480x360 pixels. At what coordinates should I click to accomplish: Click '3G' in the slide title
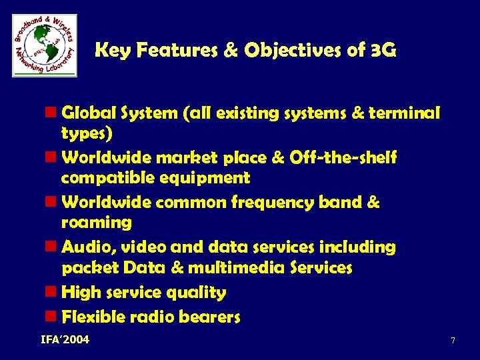(x=383, y=50)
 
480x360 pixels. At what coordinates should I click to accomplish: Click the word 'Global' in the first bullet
(x=87, y=114)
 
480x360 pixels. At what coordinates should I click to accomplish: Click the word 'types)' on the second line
(x=87, y=133)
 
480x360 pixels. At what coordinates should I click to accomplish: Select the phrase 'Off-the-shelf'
(x=343, y=159)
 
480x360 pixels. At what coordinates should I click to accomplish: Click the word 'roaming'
(x=96, y=222)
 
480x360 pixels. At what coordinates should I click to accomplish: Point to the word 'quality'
(x=199, y=293)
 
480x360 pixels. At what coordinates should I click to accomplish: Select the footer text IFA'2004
(x=65, y=341)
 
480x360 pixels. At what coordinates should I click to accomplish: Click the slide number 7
(x=453, y=341)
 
